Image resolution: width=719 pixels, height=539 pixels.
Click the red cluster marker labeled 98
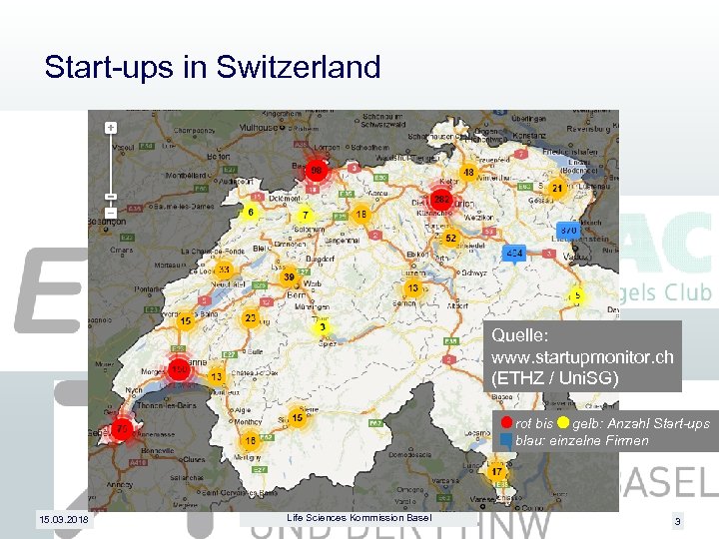point(316,172)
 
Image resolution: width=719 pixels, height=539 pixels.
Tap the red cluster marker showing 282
point(440,199)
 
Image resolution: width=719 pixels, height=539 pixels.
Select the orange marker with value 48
point(468,174)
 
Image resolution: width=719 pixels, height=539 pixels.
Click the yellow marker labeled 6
point(251,212)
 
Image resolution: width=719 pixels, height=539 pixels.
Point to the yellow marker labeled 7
point(305,215)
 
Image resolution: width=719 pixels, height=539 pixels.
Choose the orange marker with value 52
point(450,239)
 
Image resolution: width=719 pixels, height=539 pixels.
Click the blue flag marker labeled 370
point(568,229)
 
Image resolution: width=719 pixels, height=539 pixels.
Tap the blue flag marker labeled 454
point(515,254)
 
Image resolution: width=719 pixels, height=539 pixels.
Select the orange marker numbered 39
point(288,277)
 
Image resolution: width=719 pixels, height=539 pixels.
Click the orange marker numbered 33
point(225,270)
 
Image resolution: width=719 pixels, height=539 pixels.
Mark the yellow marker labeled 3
point(322,326)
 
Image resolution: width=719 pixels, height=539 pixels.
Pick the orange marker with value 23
point(251,318)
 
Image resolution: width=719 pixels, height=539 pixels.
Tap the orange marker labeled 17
point(495,471)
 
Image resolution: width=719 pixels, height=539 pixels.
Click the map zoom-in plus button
point(110,128)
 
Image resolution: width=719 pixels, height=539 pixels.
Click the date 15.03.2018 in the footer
point(62,520)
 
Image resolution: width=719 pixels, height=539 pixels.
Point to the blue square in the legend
point(506,440)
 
